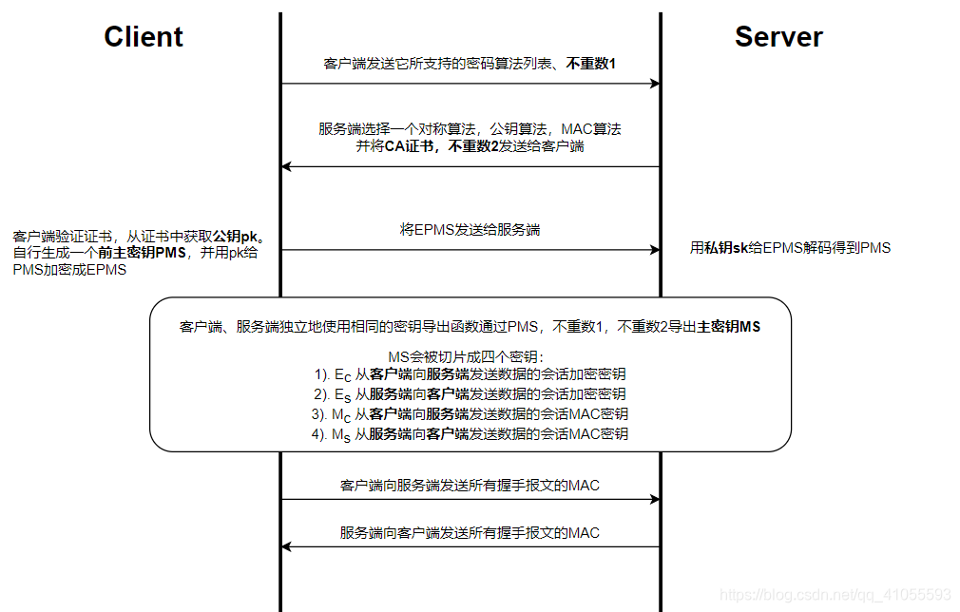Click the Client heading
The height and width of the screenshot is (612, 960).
tap(144, 37)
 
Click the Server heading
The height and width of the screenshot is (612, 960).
tap(778, 37)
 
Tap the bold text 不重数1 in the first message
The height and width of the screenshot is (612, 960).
tap(591, 64)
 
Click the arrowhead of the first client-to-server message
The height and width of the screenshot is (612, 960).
tap(655, 84)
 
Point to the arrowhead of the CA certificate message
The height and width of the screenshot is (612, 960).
tap(287, 166)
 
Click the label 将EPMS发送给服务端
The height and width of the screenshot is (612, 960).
tap(470, 229)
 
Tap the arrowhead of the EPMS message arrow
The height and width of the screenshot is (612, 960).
tap(655, 250)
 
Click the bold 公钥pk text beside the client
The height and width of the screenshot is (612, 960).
tap(237, 235)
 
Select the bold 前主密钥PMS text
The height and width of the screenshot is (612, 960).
tap(142, 252)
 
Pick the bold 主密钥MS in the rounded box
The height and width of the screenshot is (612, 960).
tap(729, 326)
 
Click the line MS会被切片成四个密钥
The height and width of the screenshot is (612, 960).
tap(470, 356)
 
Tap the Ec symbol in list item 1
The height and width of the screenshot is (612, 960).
tap(342, 374)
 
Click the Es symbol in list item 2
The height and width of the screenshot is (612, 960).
tap(342, 394)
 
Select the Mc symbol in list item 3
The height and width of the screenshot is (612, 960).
tap(341, 414)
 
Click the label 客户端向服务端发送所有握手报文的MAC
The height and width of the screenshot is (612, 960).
tap(470, 485)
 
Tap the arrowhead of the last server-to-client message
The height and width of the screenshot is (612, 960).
tap(287, 546)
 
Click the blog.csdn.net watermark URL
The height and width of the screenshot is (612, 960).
tap(835, 594)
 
